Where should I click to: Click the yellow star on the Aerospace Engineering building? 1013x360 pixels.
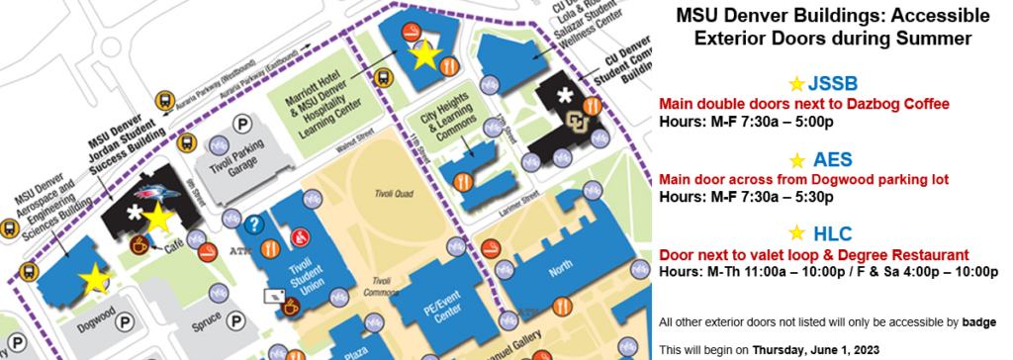[x=95, y=280]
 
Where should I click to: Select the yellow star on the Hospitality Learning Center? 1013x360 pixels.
[x=425, y=54]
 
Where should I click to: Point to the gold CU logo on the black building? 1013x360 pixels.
[x=575, y=122]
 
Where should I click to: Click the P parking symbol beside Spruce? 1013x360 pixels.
[x=236, y=321]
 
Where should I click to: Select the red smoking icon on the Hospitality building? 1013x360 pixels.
[x=410, y=34]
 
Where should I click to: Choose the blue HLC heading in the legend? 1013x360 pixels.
[x=830, y=233]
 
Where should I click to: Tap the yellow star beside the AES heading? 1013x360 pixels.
[x=796, y=160]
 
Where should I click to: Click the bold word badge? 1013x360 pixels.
[x=980, y=321]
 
